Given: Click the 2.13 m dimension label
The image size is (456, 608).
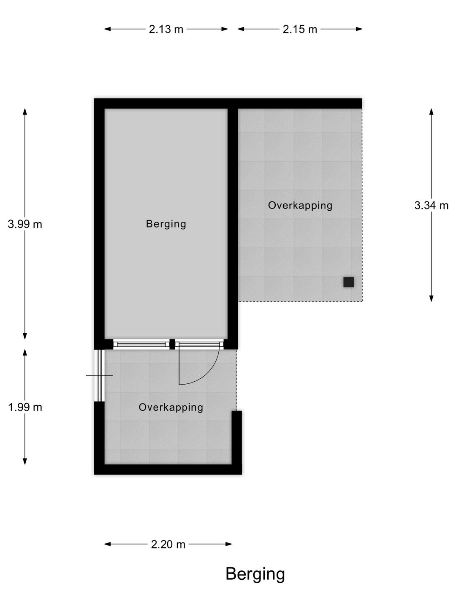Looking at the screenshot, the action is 166,29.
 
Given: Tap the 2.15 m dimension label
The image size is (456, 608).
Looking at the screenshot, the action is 300,29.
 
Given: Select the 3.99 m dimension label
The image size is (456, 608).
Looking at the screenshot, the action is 25,224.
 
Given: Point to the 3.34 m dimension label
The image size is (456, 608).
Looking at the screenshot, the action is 432,205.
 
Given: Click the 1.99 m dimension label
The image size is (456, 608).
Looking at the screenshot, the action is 25,407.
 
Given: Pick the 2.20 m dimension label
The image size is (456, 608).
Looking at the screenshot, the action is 168,544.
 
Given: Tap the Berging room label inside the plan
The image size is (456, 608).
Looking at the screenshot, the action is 166,224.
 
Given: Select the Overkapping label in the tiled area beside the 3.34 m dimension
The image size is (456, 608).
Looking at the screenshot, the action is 300,206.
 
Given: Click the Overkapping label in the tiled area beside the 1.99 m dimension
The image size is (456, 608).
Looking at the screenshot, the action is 171,407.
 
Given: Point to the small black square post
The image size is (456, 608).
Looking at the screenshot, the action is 349,282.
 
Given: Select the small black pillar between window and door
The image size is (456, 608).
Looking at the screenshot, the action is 172,344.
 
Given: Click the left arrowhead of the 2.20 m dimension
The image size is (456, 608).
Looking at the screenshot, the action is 108,544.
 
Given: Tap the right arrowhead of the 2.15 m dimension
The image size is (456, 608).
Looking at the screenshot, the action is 359,29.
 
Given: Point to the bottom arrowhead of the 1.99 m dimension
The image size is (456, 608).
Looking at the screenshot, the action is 25,461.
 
